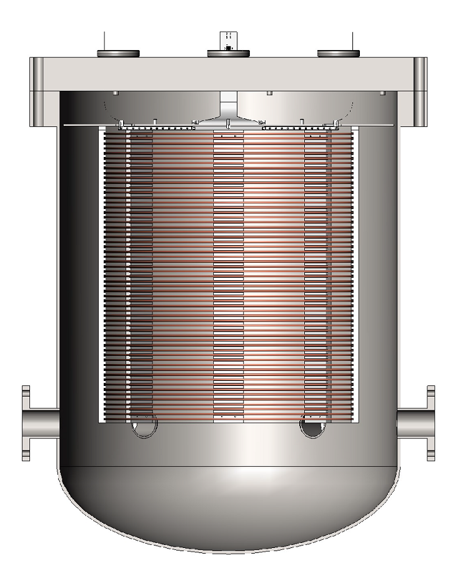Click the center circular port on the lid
point(229,53)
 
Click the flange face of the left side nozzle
point(26,424)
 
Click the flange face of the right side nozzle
point(431,424)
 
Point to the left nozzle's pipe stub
point(44,424)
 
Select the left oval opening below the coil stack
point(144,428)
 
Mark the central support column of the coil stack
point(229,275)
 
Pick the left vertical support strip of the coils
point(141,275)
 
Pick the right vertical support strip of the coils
point(316,275)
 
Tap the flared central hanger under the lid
point(229,116)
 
